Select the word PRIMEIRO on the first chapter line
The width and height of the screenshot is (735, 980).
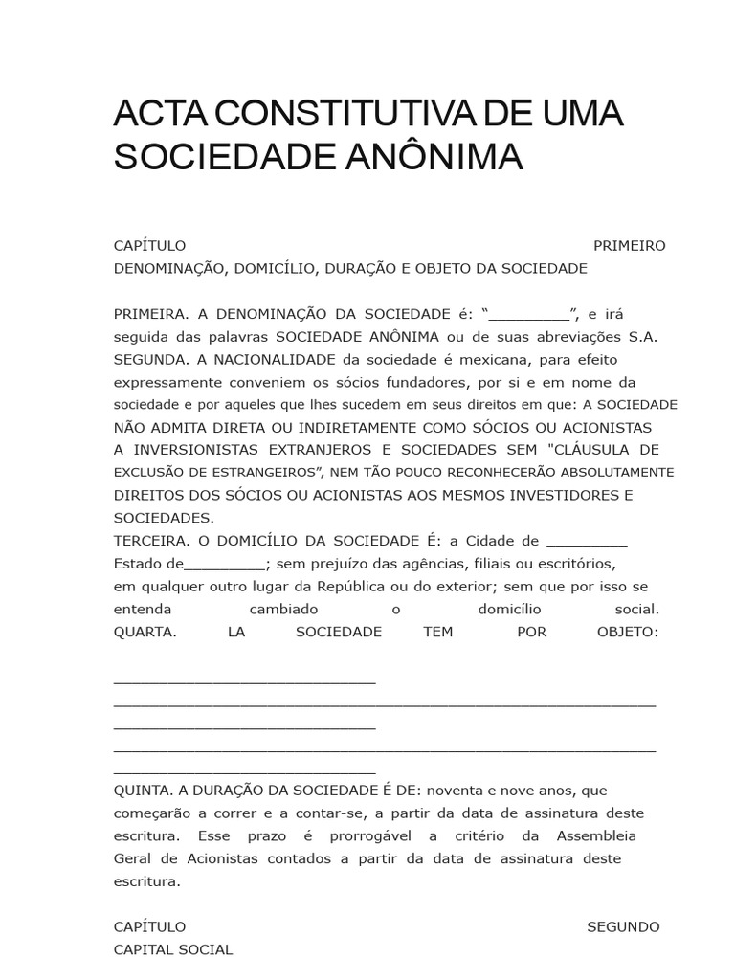pyautogui.click(x=629, y=246)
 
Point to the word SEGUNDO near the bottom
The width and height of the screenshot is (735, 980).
pyautogui.click(x=622, y=927)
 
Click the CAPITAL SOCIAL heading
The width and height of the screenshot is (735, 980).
pyautogui.click(x=173, y=950)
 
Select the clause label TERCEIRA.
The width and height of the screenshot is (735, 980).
pyautogui.click(x=149, y=541)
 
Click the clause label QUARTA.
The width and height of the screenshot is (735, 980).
pyautogui.click(x=145, y=633)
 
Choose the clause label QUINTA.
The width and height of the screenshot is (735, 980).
pyautogui.click(x=143, y=791)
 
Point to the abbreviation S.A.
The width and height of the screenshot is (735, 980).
pyautogui.click(x=643, y=337)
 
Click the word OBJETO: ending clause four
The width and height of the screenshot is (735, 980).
pyautogui.click(x=627, y=633)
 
